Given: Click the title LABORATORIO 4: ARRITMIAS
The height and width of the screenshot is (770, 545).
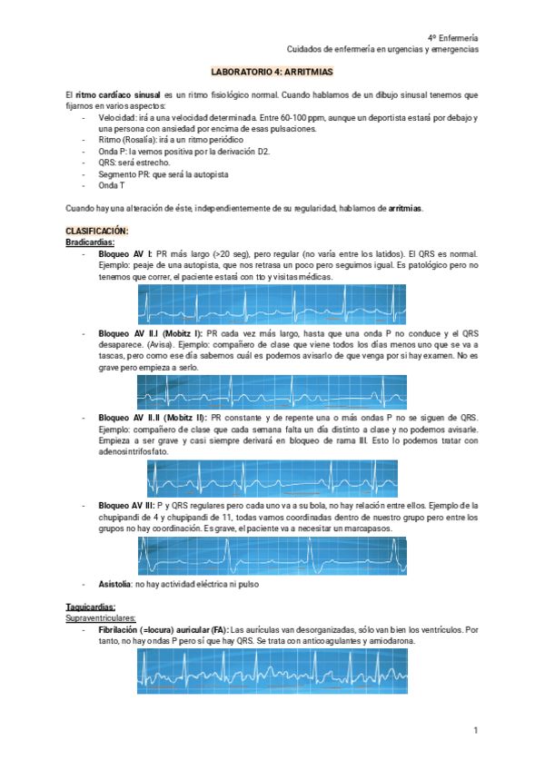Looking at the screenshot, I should coord(272,71).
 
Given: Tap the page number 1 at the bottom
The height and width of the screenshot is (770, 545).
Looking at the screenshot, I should coord(475,729).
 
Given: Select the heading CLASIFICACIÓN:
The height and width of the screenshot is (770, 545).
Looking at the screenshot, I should coord(97,232).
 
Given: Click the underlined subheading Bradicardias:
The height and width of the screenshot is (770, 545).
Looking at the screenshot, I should coord(90,242).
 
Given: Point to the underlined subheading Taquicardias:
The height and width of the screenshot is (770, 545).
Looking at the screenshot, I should coord(91,607).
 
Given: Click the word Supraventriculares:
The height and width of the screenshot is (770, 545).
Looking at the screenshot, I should coord(102,617).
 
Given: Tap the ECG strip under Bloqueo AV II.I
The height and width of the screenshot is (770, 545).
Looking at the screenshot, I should coord(271,391).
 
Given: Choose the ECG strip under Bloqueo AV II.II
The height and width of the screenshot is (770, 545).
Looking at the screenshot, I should coord(272,478).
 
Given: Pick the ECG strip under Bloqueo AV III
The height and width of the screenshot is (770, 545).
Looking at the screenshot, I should coord(272,555).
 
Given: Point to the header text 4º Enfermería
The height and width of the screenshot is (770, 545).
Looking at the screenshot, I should coord(452,37).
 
